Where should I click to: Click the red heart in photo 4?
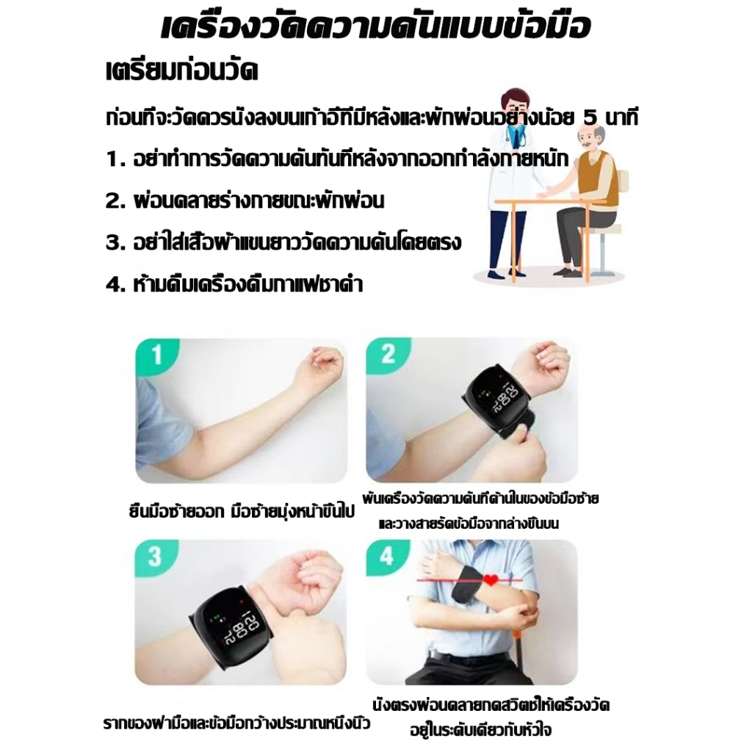tap(491, 580)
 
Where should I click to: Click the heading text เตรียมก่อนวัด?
tap(182, 71)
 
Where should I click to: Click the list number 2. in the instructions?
tap(115, 201)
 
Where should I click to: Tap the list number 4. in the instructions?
tap(115, 285)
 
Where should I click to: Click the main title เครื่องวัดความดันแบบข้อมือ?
tap(375, 26)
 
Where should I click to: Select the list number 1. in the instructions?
tap(115, 159)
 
